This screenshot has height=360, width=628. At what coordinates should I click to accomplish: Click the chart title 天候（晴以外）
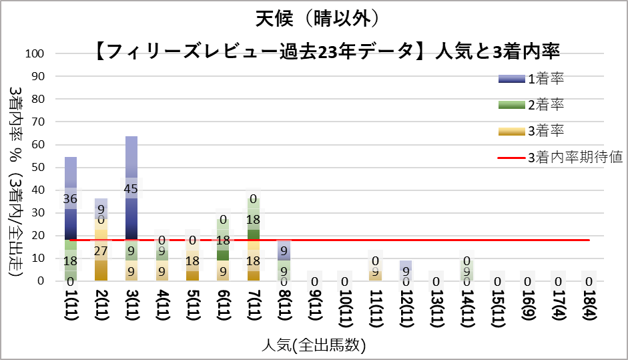pyautogui.click(x=313, y=18)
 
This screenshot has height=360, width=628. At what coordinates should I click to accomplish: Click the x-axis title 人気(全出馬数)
pyautogui.click(x=313, y=345)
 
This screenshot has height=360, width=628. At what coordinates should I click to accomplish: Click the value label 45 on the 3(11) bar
pyautogui.click(x=131, y=189)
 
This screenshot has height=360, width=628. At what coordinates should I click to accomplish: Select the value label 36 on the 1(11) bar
pyautogui.click(x=70, y=199)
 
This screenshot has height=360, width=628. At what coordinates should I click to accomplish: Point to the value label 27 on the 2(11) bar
pyautogui.click(x=101, y=250)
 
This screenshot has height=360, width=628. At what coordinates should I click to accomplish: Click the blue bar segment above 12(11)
pyautogui.click(x=405, y=265)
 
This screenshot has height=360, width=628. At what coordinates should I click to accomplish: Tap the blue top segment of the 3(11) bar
pyautogui.click(x=131, y=160)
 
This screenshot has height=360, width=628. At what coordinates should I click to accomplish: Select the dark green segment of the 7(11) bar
pyautogui.click(x=253, y=234)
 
